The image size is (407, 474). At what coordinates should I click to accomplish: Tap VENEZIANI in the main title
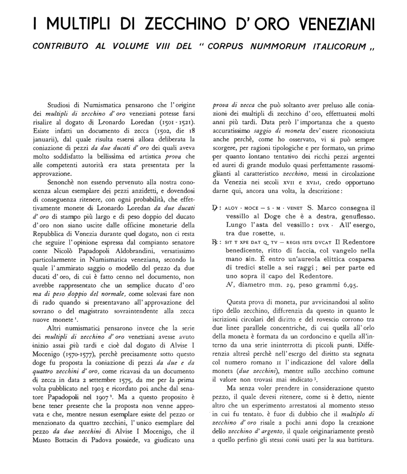(x=337, y=24)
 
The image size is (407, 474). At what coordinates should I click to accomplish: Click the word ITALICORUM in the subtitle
(x=339, y=47)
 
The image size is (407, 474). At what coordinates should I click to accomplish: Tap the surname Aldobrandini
(x=135, y=251)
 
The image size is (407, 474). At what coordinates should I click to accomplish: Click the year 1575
(x=127, y=380)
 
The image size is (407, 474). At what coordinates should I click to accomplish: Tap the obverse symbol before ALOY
(x=215, y=208)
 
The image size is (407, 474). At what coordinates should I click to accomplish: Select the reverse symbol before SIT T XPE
(x=215, y=242)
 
